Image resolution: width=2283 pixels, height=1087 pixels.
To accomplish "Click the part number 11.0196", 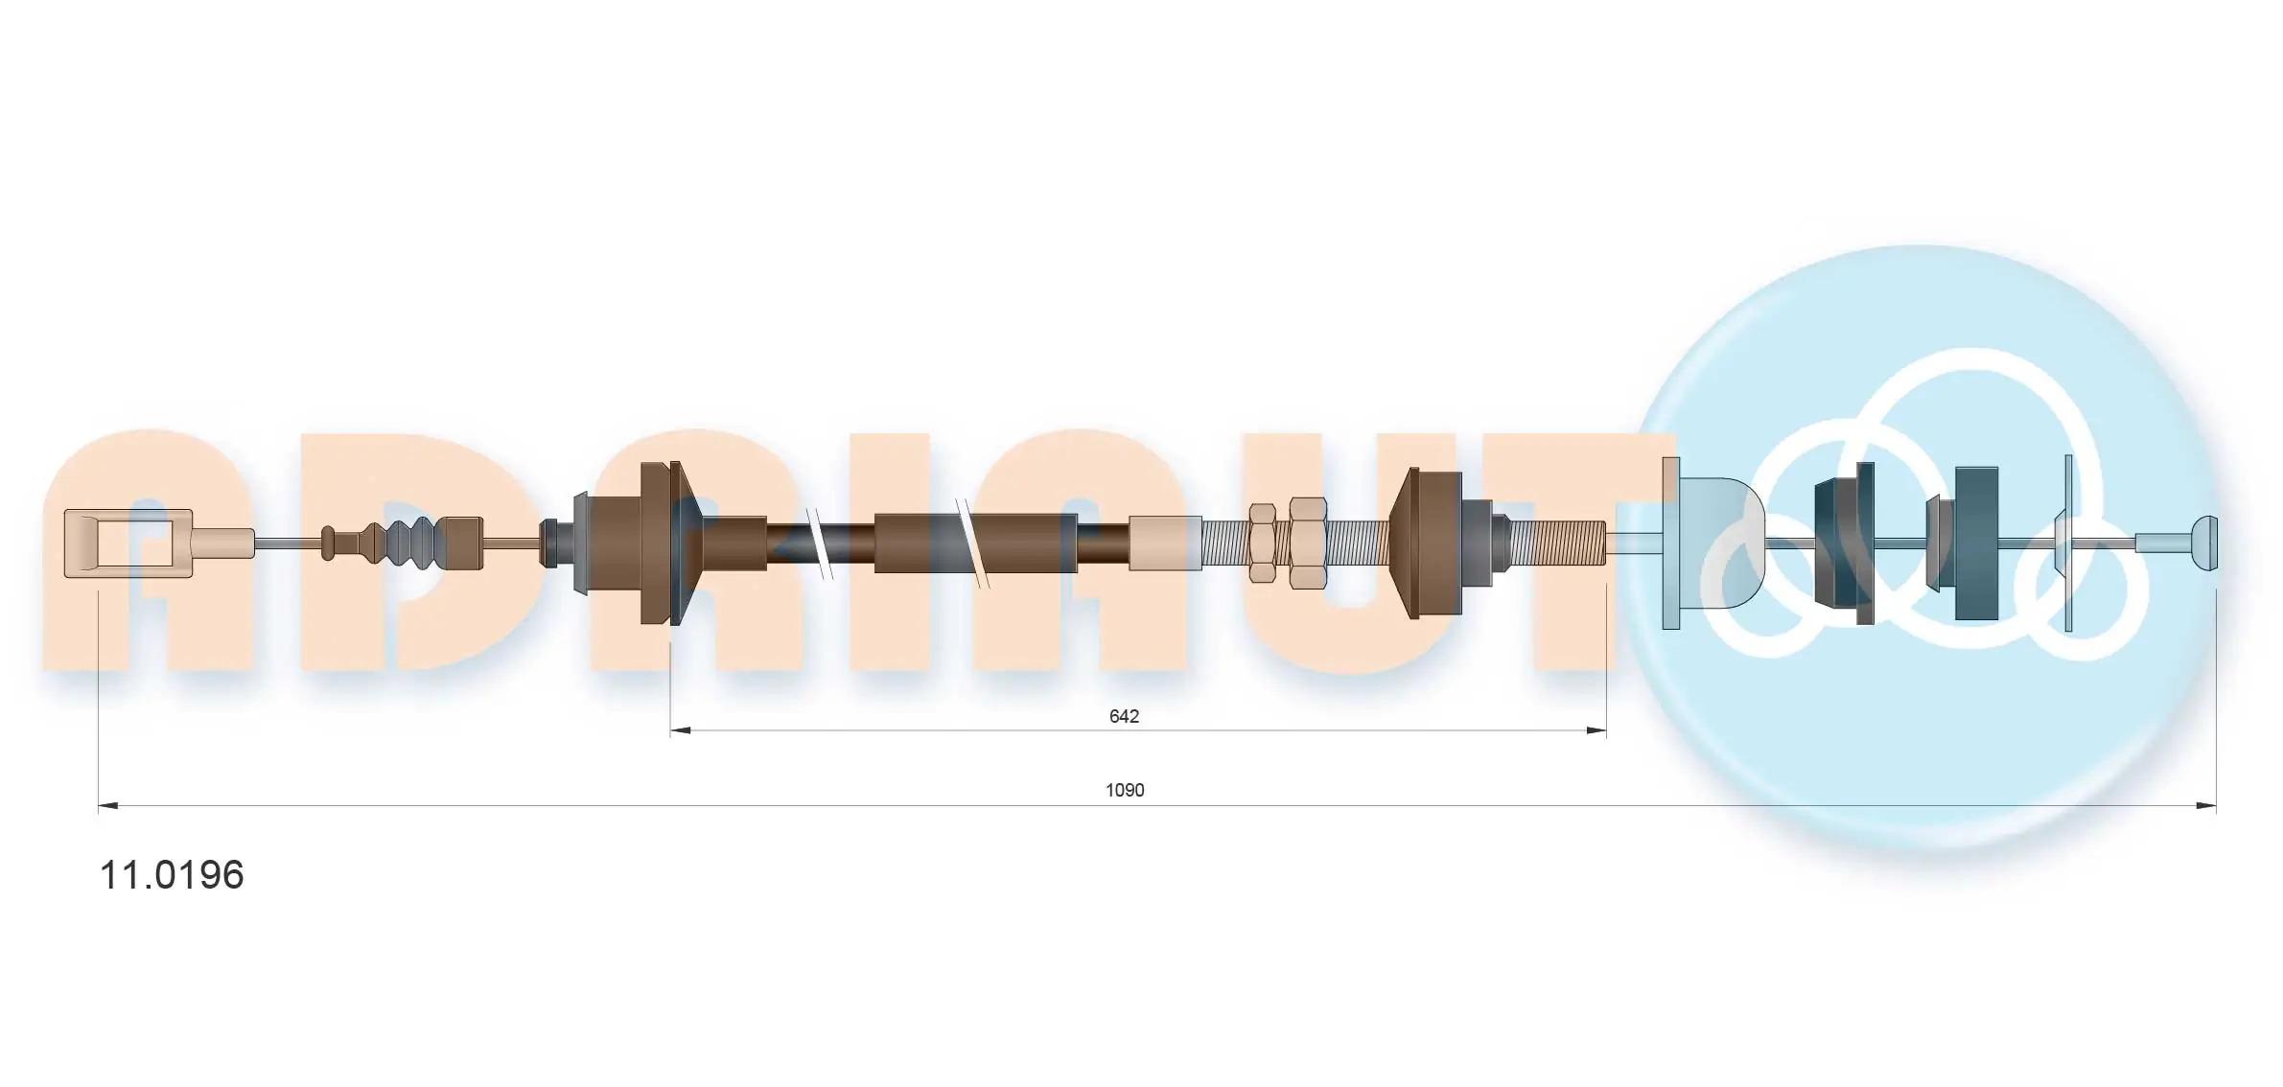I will pyautogui.click(x=173, y=875).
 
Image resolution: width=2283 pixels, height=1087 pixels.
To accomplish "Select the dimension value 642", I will pyautogui.click(x=1123, y=716).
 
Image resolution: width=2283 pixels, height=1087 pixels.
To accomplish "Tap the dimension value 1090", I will pyautogui.click(x=1124, y=790).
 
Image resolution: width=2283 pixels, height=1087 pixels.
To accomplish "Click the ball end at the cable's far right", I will pyautogui.click(x=2204, y=543).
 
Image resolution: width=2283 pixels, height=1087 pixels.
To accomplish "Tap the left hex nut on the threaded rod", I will pyautogui.click(x=1262, y=543).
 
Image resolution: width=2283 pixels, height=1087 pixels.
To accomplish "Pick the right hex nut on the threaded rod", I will pyautogui.click(x=1307, y=543).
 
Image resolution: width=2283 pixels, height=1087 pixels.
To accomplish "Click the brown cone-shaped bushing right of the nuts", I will pyautogui.click(x=1426, y=543).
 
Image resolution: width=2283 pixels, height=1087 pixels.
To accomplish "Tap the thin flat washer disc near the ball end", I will pyautogui.click(x=2068, y=543).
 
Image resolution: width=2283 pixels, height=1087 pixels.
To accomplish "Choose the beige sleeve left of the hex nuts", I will pyautogui.click(x=1164, y=543).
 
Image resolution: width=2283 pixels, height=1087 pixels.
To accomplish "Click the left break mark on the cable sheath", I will pyautogui.click(x=820, y=543).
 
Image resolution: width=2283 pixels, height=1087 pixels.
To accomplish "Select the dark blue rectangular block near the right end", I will pyautogui.click(x=1975, y=543).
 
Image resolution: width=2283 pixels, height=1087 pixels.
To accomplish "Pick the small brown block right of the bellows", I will pyautogui.click(x=463, y=543).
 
